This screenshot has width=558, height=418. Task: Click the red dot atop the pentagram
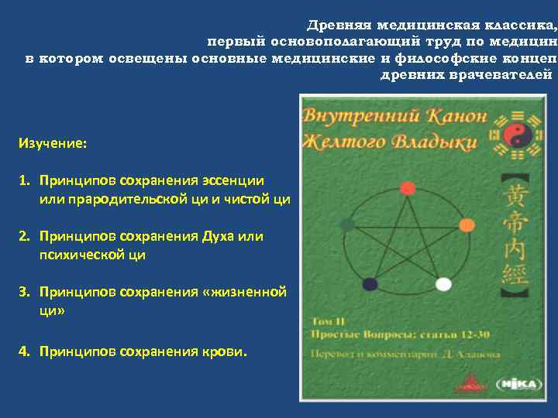pyautogui.click(x=408, y=188)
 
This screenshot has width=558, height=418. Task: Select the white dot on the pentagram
pyautogui.click(x=443, y=284)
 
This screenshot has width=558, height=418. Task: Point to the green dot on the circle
pyautogui.click(x=348, y=224)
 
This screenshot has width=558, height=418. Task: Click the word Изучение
pyautogui.click(x=53, y=144)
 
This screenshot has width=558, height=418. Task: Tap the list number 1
pyautogui.click(x=24, y=180)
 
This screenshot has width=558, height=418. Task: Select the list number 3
pyautogui.click(x=24, y=292)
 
